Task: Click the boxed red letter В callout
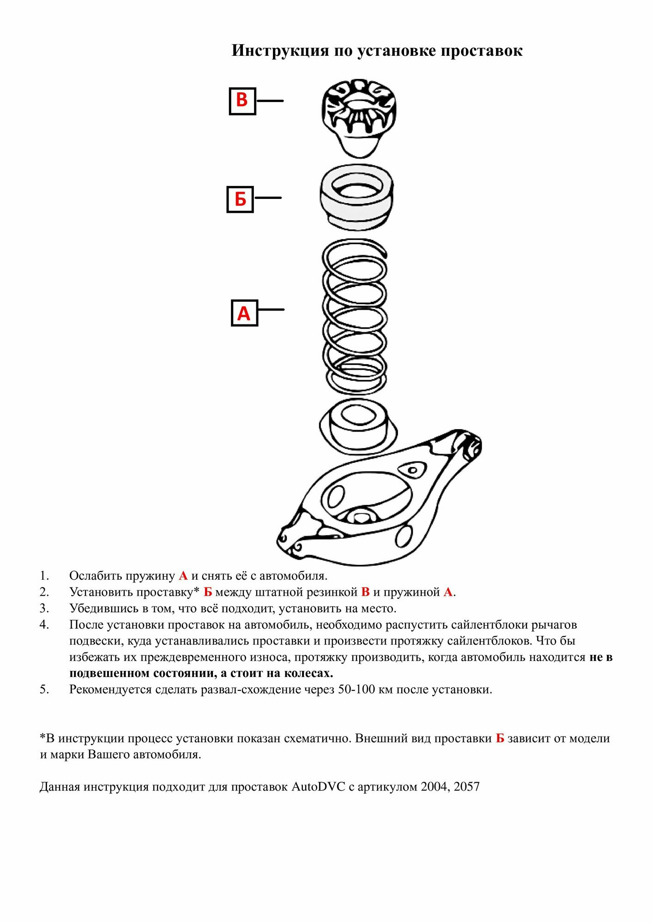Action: click(242, 101)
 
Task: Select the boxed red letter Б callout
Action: click(240, 199)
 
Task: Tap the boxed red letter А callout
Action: click(244, 313)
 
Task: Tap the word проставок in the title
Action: click(481, 50)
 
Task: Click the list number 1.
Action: click(44, 575)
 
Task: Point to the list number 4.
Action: click(44, 624)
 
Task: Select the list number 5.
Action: click(44, 689)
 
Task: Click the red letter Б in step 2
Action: click(208, 592)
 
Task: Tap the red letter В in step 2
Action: click(365, 592)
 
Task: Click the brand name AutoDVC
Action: click(318, 786)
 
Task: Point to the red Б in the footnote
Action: click(500, 738)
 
